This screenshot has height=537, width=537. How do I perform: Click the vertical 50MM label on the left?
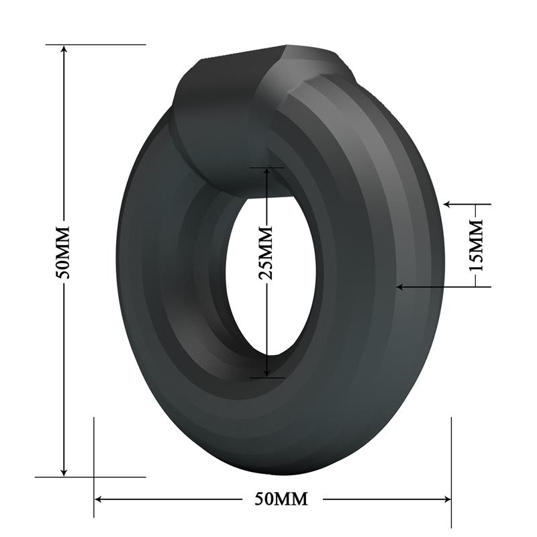tap(64, 252)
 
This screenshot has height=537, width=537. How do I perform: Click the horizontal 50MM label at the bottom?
tap(281, 499)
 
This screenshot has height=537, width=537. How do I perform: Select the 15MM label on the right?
tap(476, 244)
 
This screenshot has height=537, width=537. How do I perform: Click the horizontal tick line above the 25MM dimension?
tap(266, 166)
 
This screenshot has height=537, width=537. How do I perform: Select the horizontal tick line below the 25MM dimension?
tap(266, 378)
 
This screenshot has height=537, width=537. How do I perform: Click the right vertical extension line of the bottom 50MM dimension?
tap(452, 463)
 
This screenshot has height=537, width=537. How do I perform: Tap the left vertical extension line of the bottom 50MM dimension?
tap(94, 463)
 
